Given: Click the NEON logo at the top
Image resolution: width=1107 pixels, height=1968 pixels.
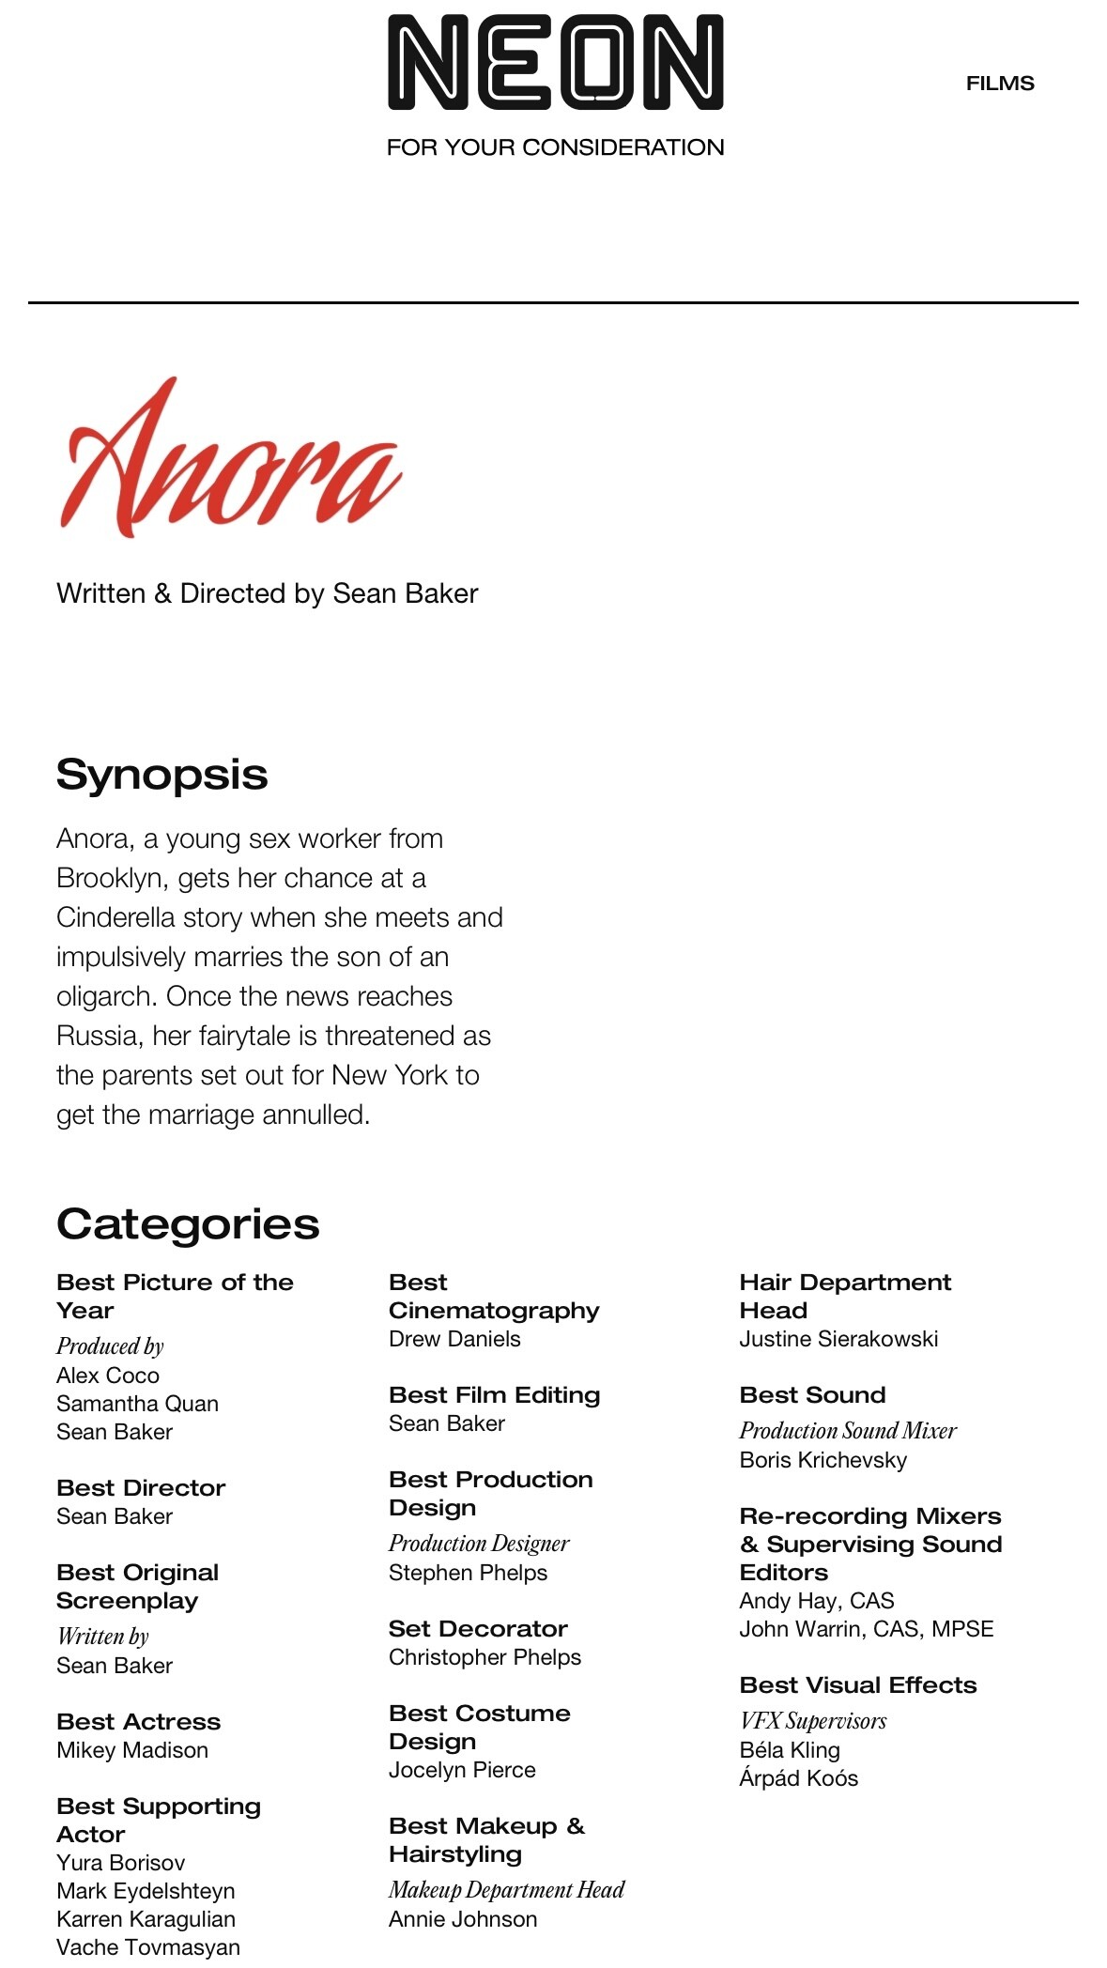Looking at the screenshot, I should click(555, 63).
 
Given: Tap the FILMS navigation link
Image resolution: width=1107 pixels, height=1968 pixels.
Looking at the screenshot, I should click(1000, 84).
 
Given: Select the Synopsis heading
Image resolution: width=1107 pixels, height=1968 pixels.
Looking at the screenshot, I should click(161, 775).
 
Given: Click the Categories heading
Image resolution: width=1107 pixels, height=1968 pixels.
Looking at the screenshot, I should click(188, 1224).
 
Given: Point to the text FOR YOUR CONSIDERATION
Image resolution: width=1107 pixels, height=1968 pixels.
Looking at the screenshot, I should click(555, 147).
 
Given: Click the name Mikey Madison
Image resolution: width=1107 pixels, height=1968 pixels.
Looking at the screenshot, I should click(132, 1750).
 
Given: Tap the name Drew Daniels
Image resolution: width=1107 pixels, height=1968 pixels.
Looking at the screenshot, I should click(454, 1339).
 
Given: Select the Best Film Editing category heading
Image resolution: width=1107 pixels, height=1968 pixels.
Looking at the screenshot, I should click(494, 1395).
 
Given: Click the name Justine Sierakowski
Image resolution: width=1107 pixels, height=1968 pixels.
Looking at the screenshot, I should click(838, 1339).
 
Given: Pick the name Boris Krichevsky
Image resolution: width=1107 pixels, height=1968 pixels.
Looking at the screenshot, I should click(823, 1460).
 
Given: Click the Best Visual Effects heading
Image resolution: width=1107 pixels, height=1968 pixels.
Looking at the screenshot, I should click(858, 1685).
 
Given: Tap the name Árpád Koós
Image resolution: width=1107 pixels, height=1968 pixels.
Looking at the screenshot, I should click(798, 1778).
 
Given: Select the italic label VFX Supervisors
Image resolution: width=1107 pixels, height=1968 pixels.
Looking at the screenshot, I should click(813, 1721).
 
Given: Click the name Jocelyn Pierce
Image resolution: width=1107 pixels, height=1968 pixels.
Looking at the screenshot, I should click(462, 1770).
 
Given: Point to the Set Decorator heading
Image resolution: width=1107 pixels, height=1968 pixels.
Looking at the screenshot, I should click(478, 1629).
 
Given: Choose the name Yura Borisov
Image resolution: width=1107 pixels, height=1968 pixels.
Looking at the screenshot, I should click(120, 1863).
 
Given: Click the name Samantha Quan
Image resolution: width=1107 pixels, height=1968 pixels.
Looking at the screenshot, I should click(137, 1404).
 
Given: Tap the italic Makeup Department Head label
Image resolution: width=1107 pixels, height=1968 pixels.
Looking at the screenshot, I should click(507, 1889).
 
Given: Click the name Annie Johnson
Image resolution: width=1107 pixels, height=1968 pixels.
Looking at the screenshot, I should click(463, 1919).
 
